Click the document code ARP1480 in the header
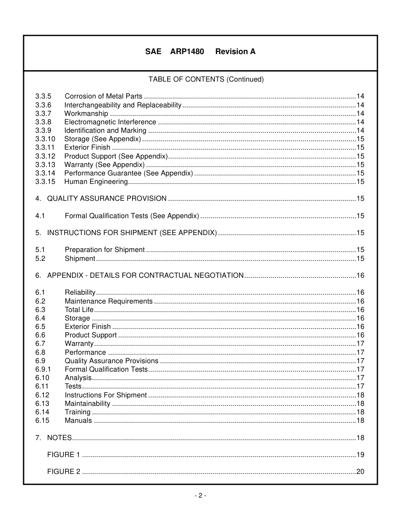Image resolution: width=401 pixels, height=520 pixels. pos(187,52)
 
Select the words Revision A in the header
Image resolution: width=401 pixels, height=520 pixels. pos(235,52)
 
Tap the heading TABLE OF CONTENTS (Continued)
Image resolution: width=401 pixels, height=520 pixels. pos(206,79)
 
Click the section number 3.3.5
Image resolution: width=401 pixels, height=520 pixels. pos(43,96)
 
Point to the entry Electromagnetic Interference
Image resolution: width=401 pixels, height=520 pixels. pos(110,122)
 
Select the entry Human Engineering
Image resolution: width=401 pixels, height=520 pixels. pos(96,182)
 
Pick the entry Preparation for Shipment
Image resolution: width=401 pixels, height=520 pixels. pos(104,250)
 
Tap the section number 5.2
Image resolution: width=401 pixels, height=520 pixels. pos(40,258)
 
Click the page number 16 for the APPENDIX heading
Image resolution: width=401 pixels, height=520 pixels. pos(360,276)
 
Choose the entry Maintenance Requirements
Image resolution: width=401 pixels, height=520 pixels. pos(108,301)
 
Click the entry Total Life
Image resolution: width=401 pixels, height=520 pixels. pos(79,310)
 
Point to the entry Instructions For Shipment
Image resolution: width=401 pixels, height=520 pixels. pos(106,395)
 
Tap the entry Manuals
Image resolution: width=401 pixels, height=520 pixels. pos(78,421)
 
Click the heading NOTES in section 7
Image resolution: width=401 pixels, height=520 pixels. pos(59,438)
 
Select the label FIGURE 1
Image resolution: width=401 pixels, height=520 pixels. pos(63,455)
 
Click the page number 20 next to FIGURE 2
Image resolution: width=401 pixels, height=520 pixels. pos(360,472)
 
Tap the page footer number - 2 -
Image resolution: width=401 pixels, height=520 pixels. pos(200,495)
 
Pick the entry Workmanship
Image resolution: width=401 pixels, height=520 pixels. pos(86,114)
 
